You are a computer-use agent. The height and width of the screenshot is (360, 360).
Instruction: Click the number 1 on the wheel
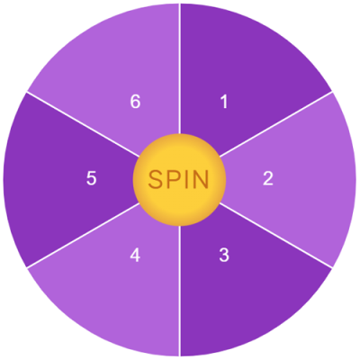click(224, 102)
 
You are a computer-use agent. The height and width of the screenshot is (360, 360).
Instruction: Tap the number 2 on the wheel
click(268, 178)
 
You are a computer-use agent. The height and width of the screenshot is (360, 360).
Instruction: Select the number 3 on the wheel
click(224, 256)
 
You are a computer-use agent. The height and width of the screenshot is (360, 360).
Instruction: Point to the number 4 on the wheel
click(135, 256)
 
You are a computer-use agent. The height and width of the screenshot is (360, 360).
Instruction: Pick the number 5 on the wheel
click(91, 178)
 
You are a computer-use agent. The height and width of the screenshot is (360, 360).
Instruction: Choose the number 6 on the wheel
click(135, 102)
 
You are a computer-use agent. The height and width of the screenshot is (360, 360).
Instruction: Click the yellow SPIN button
click(179, 180)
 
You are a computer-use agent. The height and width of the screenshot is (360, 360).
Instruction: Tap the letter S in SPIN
click(156, 180)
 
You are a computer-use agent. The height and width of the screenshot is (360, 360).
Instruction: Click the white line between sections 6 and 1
click(180, 68)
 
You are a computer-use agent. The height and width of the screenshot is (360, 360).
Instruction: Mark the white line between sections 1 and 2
click(276, 124)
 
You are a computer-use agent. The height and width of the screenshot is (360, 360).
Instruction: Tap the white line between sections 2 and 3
click(276, 235)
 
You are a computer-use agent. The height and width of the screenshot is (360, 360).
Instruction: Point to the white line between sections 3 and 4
click(180, 291)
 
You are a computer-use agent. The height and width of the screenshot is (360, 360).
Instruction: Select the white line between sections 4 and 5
click(84, 235)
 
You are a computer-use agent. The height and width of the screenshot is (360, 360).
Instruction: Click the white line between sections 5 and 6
click(84, 124)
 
